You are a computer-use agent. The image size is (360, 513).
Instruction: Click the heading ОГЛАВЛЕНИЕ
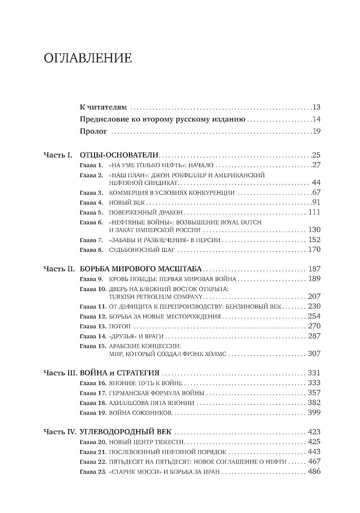[x=87, y=58]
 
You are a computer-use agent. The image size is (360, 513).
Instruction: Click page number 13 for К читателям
[x=316, y=107]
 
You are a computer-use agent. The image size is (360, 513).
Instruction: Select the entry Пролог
[x=93, y=131]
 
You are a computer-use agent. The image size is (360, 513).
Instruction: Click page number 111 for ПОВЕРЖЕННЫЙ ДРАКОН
[x=314, y=212]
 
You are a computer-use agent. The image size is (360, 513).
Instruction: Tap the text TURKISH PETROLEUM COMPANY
[x=156, y=297]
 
